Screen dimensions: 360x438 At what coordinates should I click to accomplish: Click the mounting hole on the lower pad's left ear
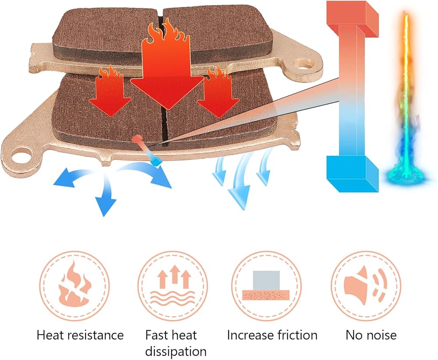[21, 154]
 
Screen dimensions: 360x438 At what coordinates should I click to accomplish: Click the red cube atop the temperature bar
[353, 18]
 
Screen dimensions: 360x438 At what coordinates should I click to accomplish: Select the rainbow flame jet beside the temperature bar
[407, 101]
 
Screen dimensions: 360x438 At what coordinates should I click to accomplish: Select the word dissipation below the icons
[176, 351]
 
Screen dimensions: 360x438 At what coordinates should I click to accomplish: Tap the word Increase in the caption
[247, 336]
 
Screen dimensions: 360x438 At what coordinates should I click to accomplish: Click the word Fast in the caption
[156, 336]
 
